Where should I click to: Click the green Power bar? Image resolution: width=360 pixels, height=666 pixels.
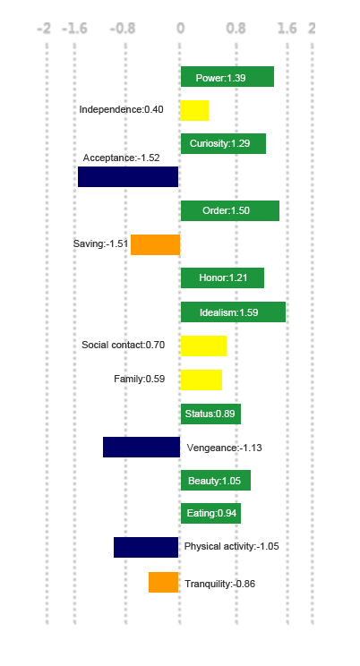[227, 76]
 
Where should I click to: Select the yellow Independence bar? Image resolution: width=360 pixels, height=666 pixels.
[194, 110]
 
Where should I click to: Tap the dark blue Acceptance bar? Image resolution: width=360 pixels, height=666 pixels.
[128, 176]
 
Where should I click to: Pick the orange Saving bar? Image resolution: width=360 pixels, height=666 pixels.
[155, 244]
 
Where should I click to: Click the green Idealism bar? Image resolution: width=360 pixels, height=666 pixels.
[234, 312]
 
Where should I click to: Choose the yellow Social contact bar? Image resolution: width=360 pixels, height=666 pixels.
[203, 346]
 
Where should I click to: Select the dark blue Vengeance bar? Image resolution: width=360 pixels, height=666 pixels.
[141, 447]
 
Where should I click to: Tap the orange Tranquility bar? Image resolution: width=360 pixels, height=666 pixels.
[163, 582]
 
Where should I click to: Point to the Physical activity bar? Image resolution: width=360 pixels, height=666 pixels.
[146, 547]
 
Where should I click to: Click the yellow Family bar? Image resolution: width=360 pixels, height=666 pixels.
[201, 380]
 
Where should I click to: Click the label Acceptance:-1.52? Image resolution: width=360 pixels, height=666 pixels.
[121, 158]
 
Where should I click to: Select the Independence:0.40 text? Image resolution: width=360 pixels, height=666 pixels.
[121, 109]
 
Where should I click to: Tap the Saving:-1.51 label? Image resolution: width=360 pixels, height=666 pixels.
[100, 243]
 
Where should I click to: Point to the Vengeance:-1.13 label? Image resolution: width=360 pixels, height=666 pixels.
[225, 448]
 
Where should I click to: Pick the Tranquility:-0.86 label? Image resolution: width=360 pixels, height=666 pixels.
[220, 584]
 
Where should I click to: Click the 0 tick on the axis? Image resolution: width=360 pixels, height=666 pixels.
[181, 28]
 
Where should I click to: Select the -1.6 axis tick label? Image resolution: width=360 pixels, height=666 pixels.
[74, 29]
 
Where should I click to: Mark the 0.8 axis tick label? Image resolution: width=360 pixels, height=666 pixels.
[236, 28]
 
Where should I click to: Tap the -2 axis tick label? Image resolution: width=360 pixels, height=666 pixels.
[44, 29]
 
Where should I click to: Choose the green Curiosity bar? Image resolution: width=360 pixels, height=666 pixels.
[223, 143]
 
